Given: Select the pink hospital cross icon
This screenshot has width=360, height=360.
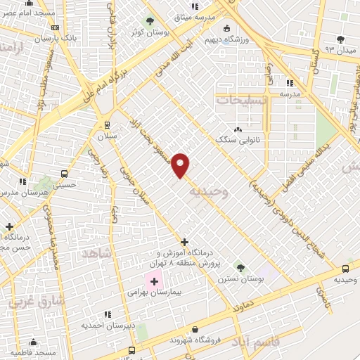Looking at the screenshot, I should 155,282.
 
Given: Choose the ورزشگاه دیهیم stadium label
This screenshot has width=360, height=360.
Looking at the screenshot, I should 226,39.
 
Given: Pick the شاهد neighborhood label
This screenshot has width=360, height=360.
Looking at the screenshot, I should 96,252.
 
